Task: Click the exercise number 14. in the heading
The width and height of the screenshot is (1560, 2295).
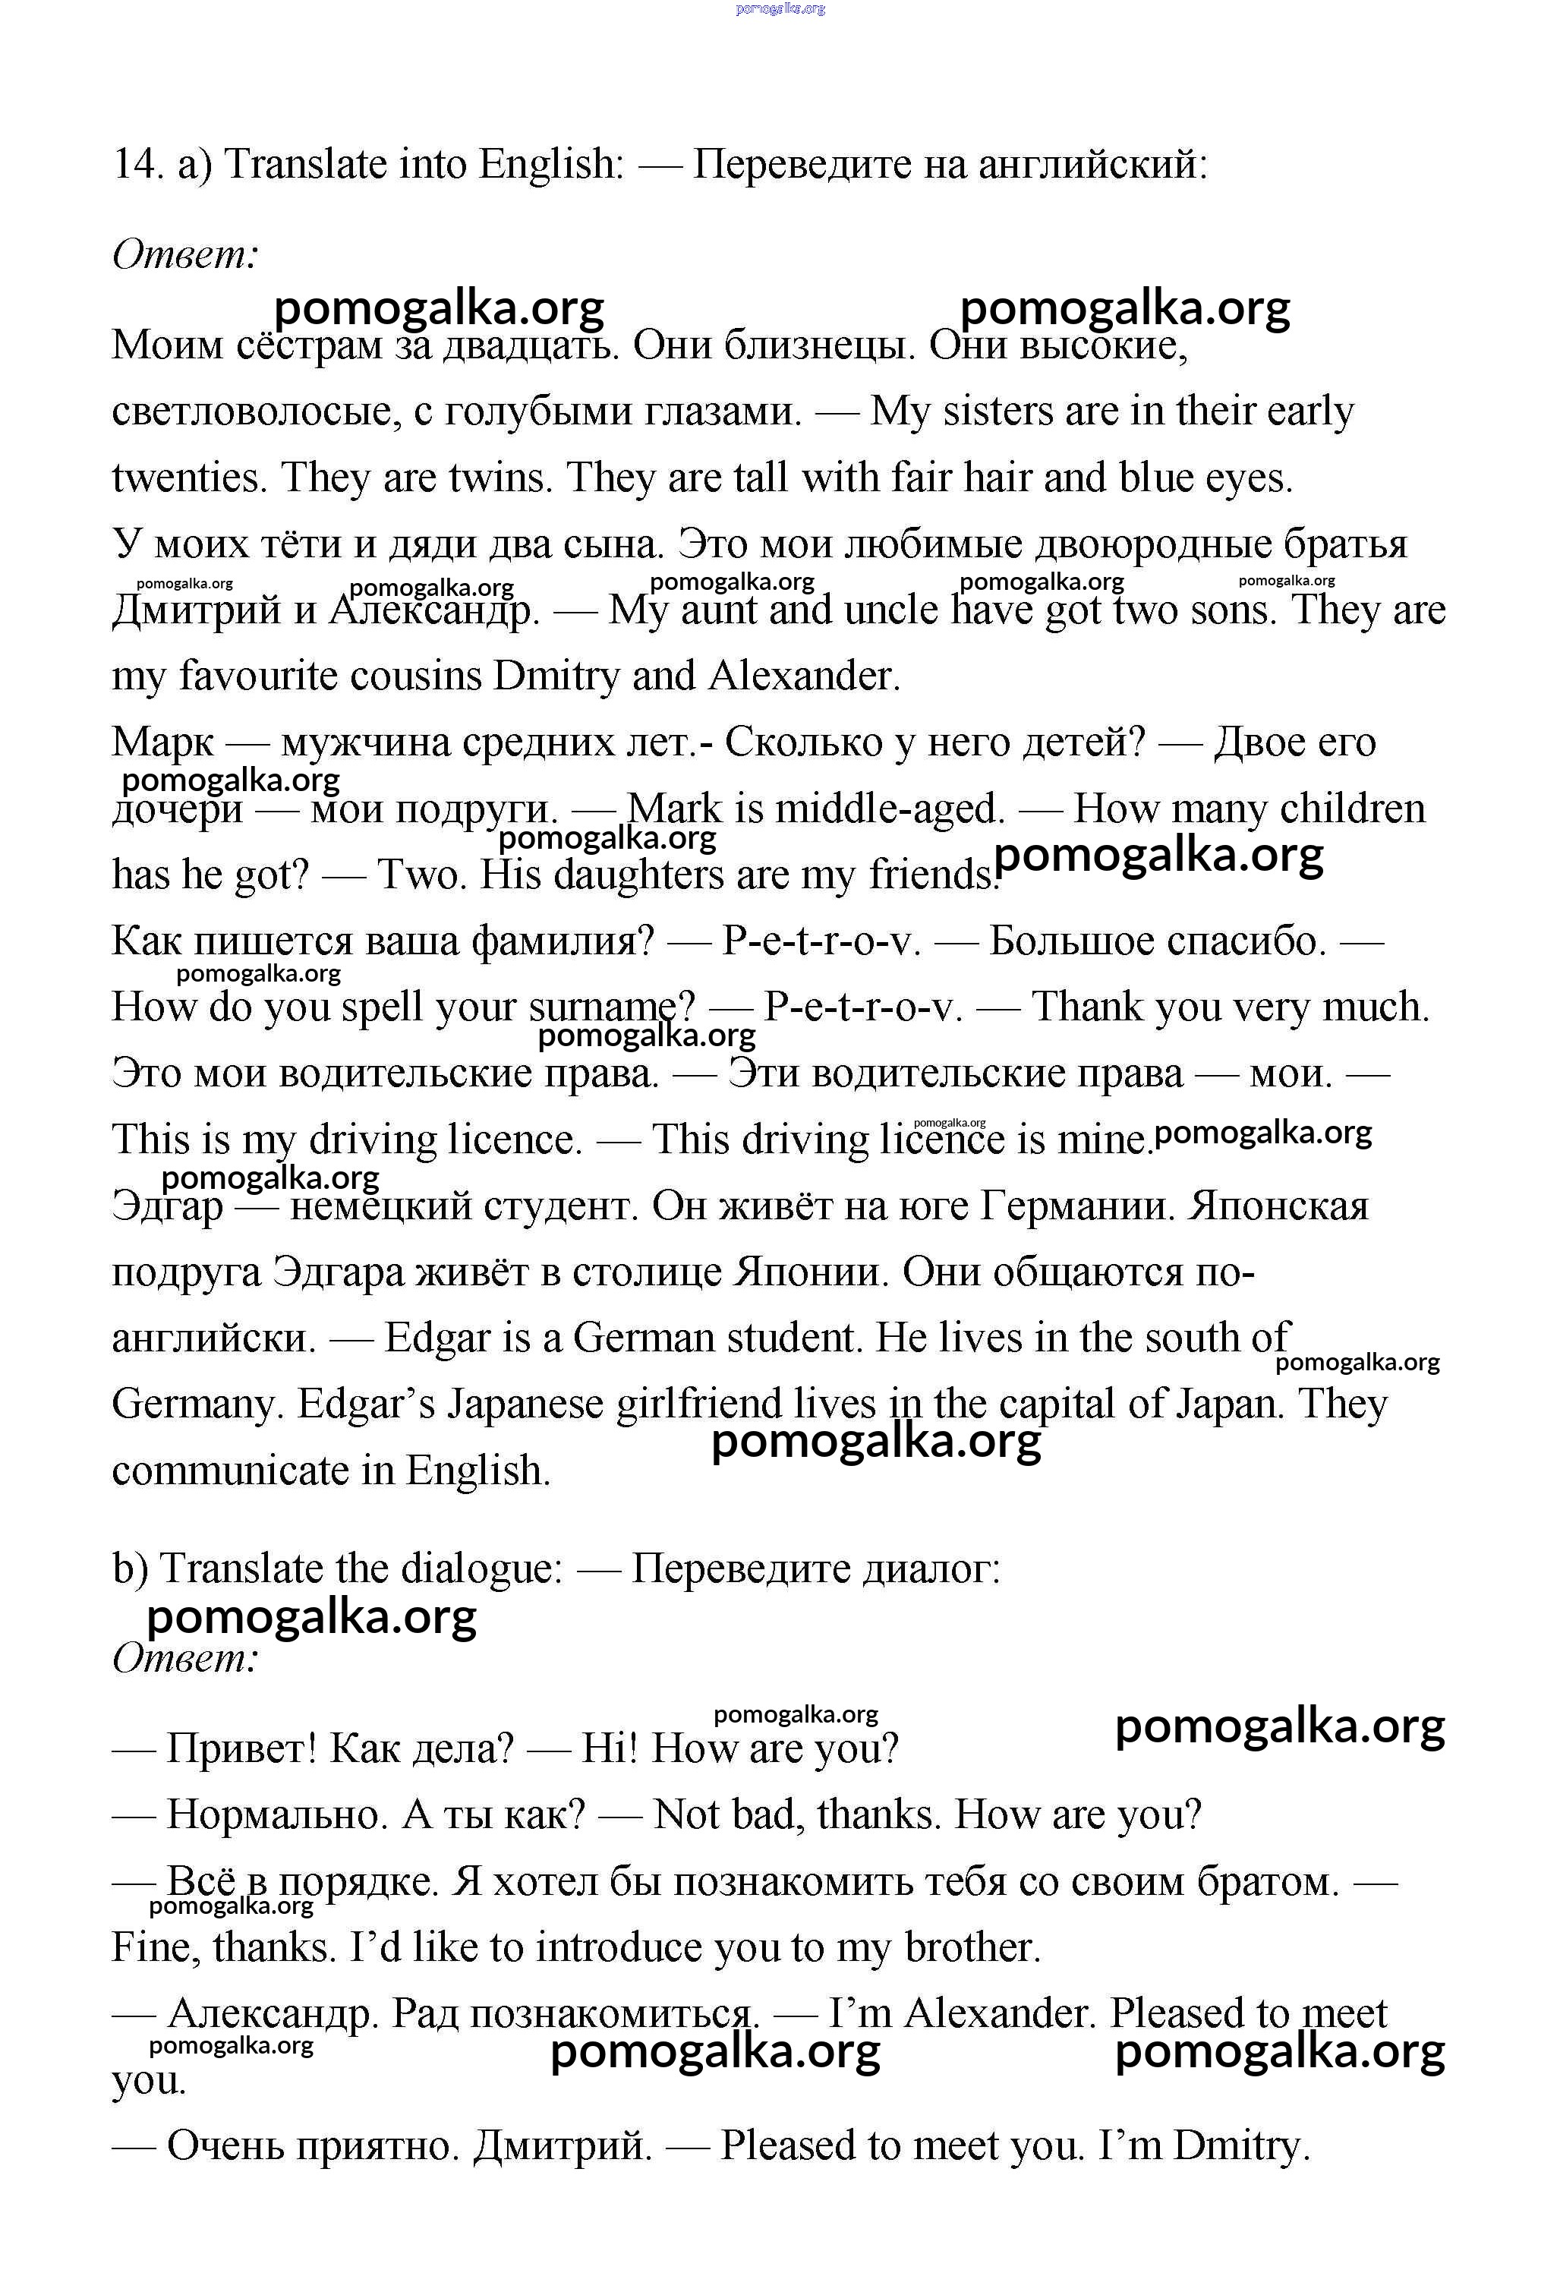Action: [136, 165]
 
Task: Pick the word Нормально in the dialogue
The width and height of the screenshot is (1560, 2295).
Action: [276, 1815]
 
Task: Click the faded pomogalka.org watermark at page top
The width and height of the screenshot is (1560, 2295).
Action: [780, 9]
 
